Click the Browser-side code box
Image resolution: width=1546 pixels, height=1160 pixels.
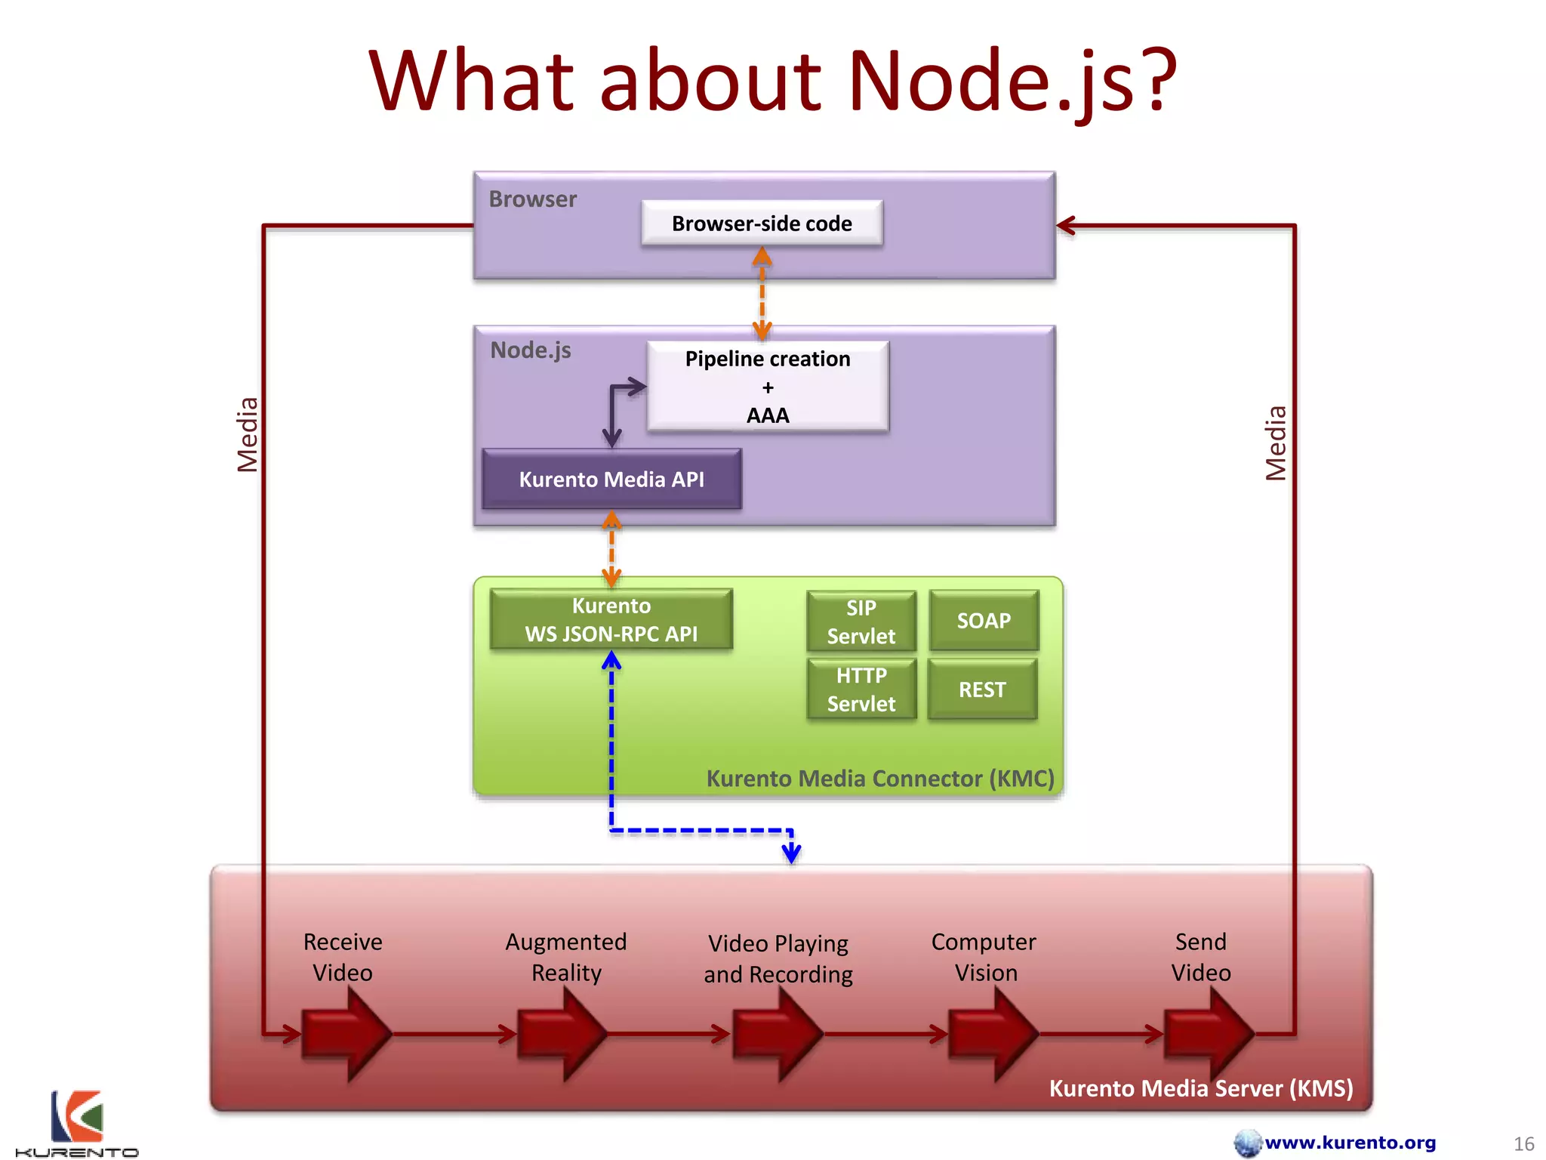pos(761,223)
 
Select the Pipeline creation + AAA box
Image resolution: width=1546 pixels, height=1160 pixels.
pos(767,386)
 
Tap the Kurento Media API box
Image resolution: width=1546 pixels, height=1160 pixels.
pos(611,479)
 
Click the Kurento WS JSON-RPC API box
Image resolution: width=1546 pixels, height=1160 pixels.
pos(611,619)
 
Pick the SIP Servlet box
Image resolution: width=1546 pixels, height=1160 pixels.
pos(861,621)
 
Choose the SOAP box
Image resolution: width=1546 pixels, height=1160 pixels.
pos(984,621)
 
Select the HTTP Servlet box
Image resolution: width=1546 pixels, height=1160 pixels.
pos(861,689)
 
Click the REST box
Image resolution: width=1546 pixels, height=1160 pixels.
pos(982,689)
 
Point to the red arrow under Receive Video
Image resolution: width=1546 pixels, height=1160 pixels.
pos(346,1033)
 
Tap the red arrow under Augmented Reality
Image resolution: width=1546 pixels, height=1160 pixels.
pos(562,1033)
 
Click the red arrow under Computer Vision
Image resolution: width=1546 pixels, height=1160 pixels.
pos(992,1033)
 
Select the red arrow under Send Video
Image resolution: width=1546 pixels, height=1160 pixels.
pos(1208,1033)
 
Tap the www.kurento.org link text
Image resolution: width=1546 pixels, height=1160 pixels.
pos(1350,1142)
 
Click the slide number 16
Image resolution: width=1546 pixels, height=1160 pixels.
pos(1523,1143)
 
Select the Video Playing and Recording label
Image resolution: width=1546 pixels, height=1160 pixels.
pos(778,958)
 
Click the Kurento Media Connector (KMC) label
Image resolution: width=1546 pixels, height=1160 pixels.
pos(879,778)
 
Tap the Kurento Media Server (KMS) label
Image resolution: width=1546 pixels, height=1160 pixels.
pos(1200,1087)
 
